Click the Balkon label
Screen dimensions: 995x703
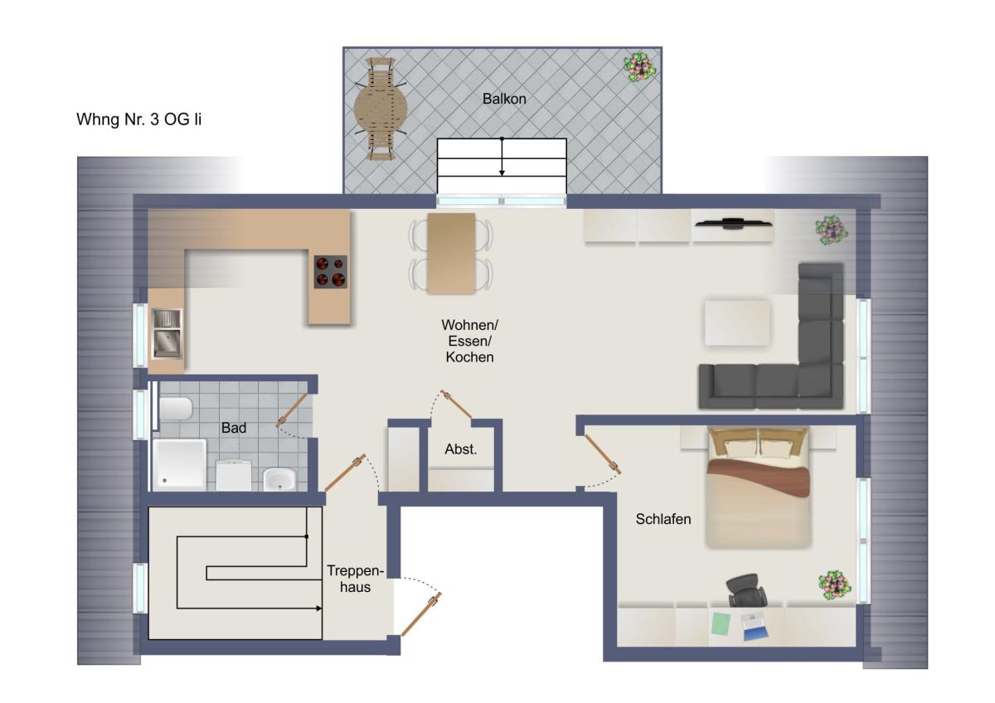pos(504,99)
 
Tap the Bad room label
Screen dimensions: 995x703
pos(234,428)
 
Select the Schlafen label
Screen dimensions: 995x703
pos(663,519)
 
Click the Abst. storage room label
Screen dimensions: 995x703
pos(461,449)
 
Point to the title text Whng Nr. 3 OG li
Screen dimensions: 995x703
pos(139,119)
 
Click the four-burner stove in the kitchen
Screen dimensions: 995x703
pos(331,272)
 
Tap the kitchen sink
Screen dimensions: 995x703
pos(167,333)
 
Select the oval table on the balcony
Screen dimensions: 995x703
pos(381,108)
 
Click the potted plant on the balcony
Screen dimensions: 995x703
pos(639,67)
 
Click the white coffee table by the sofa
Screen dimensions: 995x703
pos(737,322)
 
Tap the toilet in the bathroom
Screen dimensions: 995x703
pos(176,409)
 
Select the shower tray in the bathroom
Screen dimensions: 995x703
pos(179,465)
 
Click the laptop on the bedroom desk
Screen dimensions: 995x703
pos(755,626)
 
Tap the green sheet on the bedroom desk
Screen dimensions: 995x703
pos(721,624)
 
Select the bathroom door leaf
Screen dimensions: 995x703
pos(292,410)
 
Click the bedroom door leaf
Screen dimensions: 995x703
pos(602,453)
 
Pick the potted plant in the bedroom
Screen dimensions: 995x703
pos(835,585)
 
